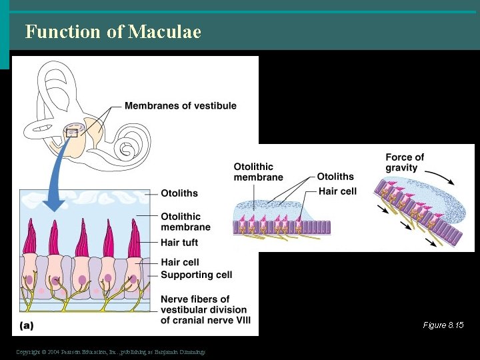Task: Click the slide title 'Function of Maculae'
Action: [113, 31]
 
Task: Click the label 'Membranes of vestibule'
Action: [180, 105]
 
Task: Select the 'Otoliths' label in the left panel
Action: [179, 193]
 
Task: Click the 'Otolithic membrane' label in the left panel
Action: [185, 221]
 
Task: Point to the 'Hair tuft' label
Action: [179, 243]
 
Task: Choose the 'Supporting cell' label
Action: [196, 275]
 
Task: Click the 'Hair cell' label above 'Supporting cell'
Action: [179, 262]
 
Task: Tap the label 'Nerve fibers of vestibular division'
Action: [203, 305]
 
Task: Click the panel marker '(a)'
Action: [27, 325]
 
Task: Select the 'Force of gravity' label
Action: [405, 163]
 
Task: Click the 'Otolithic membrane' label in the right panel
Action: [258, 172]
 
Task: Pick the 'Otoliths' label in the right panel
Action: [335, 177]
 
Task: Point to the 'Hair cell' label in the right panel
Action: [337, 191]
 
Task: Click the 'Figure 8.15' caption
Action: [443, 325]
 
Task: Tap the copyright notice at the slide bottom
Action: [111, 351]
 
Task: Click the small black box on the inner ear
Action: [72, 133]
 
